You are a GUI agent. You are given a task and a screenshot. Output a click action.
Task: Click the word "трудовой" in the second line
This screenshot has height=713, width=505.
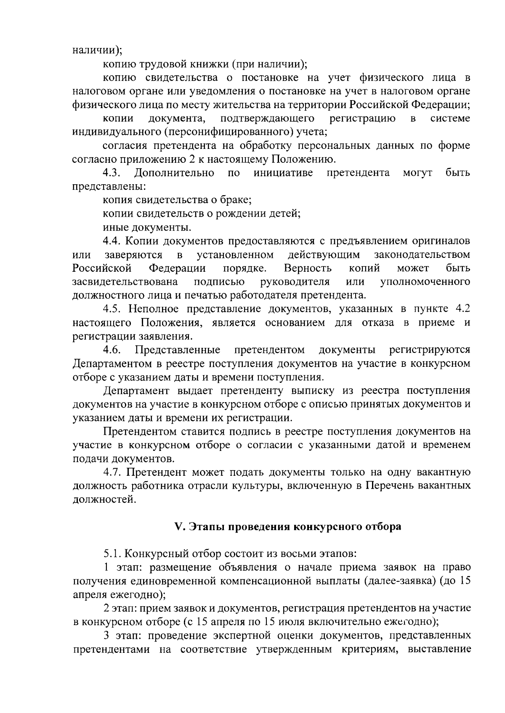click(158, 64)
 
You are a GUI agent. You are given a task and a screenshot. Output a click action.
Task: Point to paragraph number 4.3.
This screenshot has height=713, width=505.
click(112, 173)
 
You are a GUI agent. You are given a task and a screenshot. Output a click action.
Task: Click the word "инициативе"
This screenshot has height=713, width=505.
click(283, 173)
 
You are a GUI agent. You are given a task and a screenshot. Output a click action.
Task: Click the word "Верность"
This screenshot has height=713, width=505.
click(308, 268)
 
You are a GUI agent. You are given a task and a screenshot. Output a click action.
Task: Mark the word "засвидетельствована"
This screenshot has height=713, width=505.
click(125, 281)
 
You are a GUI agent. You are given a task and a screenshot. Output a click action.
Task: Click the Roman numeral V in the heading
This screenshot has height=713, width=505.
click(177, 527)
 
